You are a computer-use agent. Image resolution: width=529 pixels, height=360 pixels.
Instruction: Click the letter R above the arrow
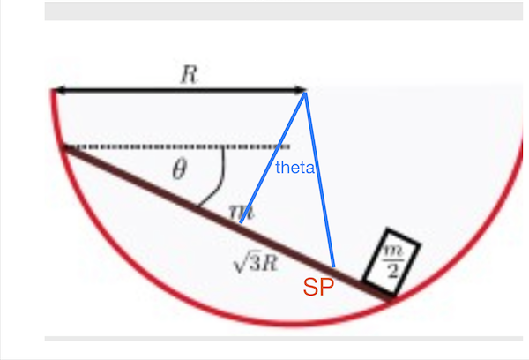click(189, 74)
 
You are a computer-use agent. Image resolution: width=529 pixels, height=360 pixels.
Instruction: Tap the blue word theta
click(294, 168)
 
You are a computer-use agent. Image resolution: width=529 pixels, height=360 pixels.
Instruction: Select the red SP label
click(318, 288)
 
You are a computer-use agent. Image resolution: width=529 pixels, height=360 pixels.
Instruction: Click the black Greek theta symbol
click(179, 169)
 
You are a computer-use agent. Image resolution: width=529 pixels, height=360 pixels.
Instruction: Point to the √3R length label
click(256, 263)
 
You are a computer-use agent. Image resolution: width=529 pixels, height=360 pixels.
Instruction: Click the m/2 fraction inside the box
click(392, 261)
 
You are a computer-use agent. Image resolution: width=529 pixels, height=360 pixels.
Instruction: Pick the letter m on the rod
click(241, 212)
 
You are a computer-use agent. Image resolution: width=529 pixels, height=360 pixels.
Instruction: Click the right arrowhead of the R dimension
click(301, 90)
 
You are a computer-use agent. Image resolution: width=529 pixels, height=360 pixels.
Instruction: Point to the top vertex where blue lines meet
click(305, 93)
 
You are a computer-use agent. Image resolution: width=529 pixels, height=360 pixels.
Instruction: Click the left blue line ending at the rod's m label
click(272, 158)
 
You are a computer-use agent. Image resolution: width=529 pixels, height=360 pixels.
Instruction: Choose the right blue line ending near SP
click(320, 180)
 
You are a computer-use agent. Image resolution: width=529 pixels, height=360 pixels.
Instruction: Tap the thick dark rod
click(227, 223)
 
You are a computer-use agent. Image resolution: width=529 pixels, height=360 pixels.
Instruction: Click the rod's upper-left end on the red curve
click(63, 148)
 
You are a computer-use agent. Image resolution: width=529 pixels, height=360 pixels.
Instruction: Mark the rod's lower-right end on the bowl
click(391, 298)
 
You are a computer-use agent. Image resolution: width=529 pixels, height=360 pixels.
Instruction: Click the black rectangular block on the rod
click(391, 261)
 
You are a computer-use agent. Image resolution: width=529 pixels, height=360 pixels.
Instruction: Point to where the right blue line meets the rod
click(334, 267)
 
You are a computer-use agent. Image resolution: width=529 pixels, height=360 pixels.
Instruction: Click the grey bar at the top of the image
click(283, 11)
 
